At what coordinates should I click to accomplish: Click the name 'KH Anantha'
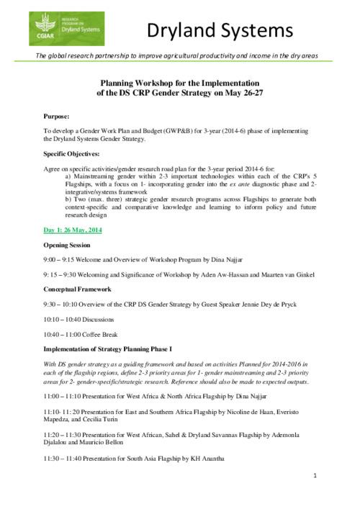tap(204, 459)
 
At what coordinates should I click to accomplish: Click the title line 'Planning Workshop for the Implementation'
tap(179, 83)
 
